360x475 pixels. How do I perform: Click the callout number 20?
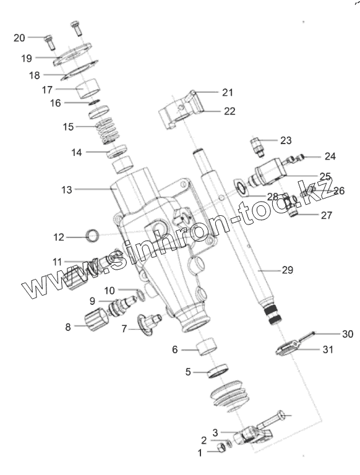[x=19, y=38]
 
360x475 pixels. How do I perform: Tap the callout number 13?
[x=67, y=190]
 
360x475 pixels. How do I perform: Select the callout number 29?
[x=287, y=269]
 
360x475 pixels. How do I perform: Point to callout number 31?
[x=328, y=349]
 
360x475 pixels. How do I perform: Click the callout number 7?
[x=124, y=328]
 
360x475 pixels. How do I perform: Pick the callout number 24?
[x=330, y=156]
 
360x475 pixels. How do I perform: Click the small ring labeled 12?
[x=93, y=236]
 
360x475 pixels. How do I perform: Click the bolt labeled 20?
[x=50, y=43]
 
